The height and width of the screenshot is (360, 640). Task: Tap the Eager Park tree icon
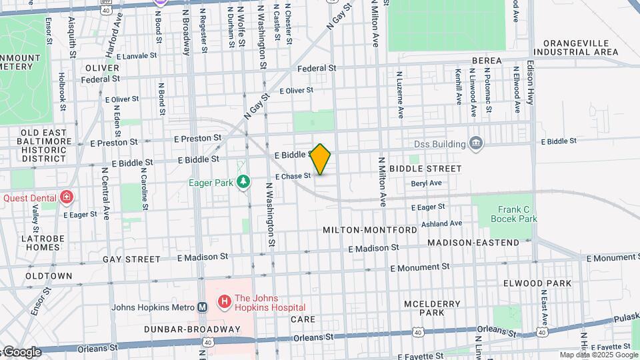click(245, 181)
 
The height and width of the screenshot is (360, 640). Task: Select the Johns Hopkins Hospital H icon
click(224, 302)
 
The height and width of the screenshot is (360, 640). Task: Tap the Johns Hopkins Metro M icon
click(202, 307)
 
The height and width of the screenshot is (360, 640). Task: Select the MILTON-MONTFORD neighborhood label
click(370, 229)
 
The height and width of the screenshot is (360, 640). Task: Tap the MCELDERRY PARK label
click(432, 308)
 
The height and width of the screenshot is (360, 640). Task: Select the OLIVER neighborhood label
click(102, 68)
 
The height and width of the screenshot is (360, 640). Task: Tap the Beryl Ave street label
click(426, 183)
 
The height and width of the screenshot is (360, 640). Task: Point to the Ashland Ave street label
click(441, 224)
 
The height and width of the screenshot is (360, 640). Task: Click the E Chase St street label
click(293, 176)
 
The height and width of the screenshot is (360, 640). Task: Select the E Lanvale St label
click(139, 57)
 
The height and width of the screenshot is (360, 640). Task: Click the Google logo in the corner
click(21, 352)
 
